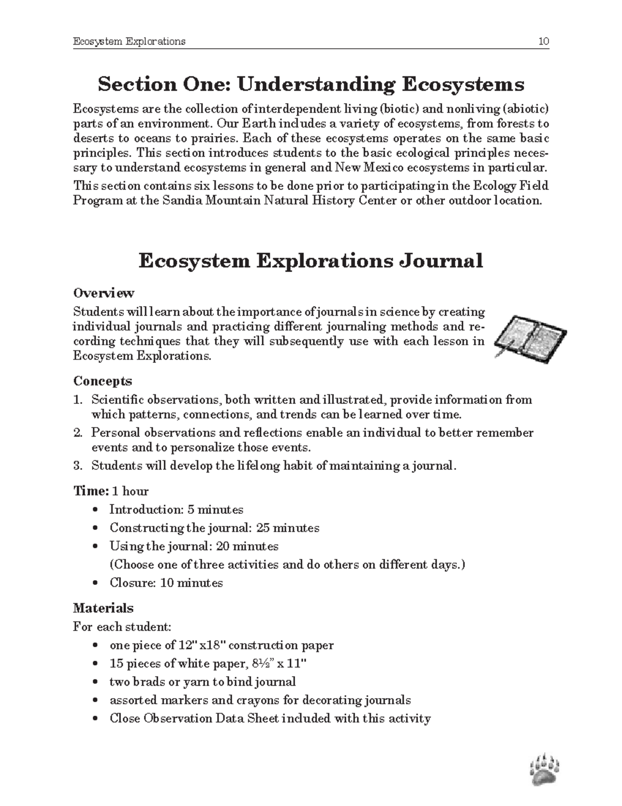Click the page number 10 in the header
(543, 42)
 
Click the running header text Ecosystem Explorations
(129, 42)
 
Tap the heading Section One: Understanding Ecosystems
(311, 84)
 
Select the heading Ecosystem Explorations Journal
(310, 261)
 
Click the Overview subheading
(104, 293)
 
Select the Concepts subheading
(103, 381)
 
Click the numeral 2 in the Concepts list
(77, 433)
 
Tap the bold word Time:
(91, 491)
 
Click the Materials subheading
(103, 608)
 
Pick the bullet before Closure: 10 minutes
(94, 583)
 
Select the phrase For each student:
(122, 627)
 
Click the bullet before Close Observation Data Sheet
(94, 719)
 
